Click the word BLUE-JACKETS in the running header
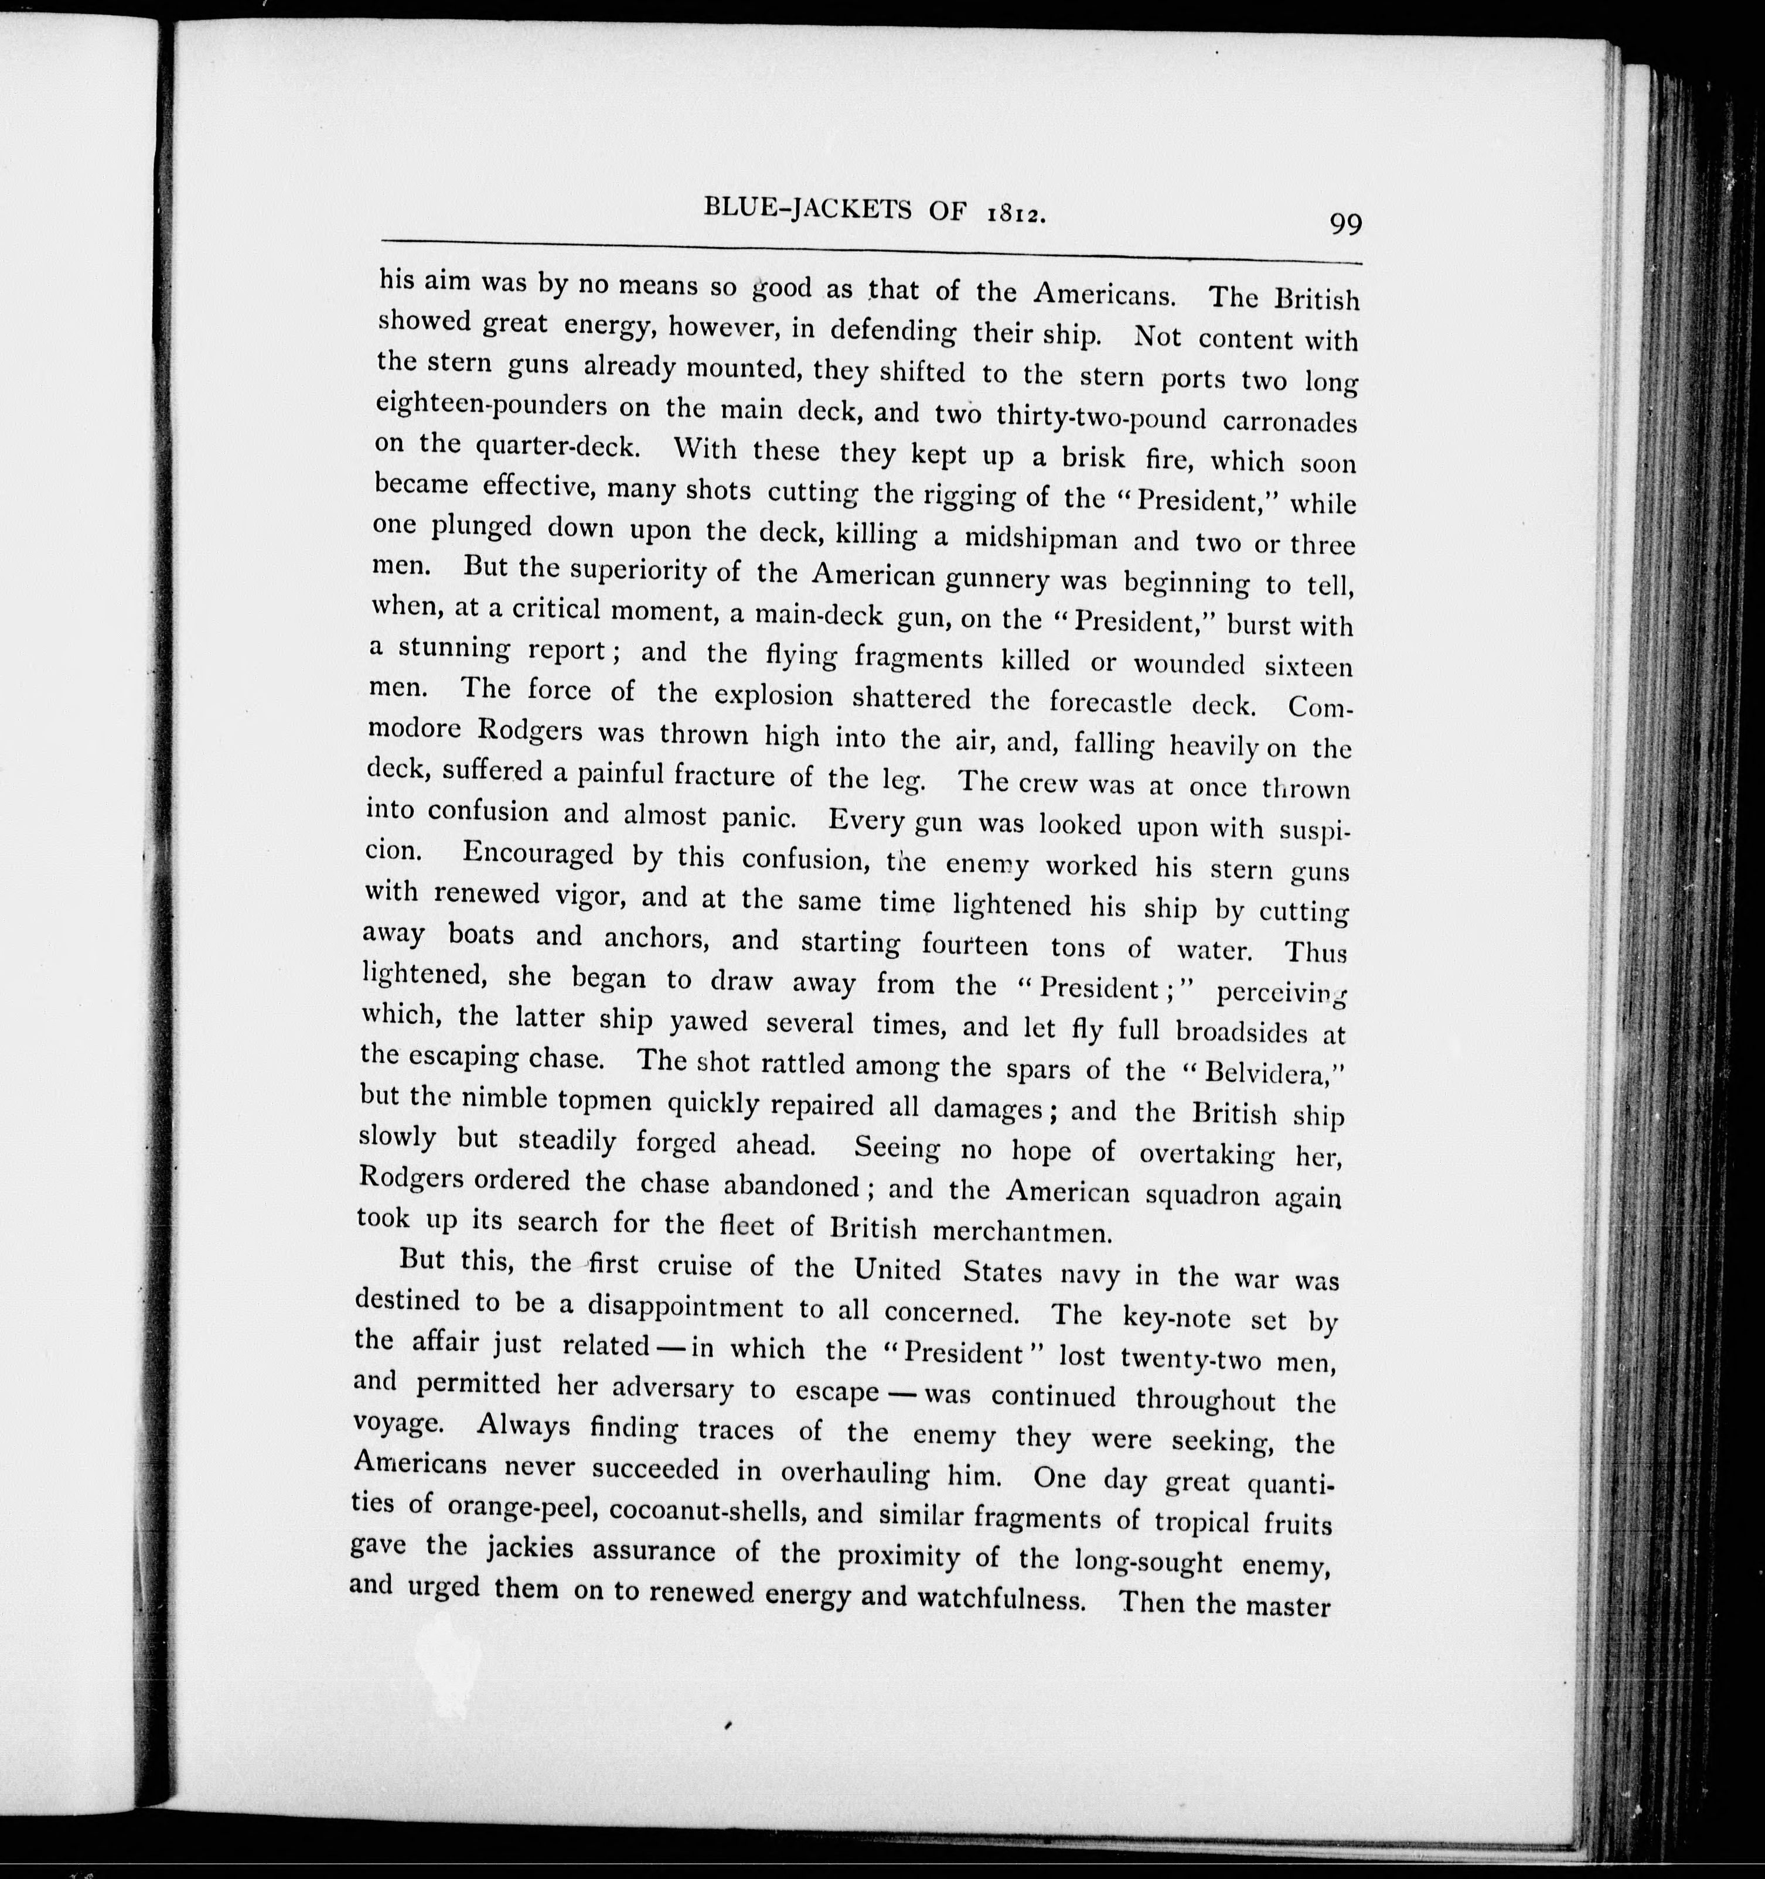point(807,208)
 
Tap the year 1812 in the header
point(1016,214)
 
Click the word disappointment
point(686,1307)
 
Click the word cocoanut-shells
point(708,1511)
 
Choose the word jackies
point(527,1550)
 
